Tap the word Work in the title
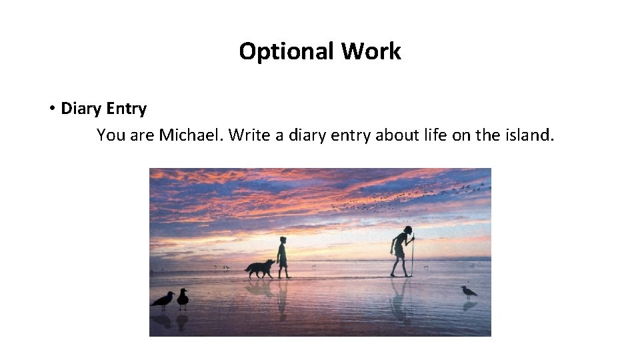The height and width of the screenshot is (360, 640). (x=371, y=51)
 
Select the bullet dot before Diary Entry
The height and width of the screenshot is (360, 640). (x=51, y=109)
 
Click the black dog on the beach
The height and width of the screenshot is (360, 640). (x=259, y=269)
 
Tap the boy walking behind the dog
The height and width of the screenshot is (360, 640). (x=283, y=257)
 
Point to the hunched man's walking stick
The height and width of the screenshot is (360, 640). (x=413, y=257)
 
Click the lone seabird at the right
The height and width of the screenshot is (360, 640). (x=469, y=292)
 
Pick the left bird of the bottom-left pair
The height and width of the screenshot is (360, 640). (x=163, y=299)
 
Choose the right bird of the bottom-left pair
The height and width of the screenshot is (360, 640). (x=182, y=298)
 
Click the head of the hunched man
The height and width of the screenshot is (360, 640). (x=407, y=231)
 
